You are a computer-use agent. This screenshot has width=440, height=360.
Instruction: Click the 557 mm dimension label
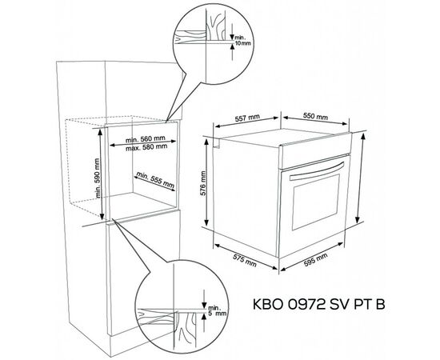[x=247, y=118]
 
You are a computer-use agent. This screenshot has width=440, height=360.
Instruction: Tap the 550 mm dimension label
[x=315, y=116]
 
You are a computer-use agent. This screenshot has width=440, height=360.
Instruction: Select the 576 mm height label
[x=203, y=183]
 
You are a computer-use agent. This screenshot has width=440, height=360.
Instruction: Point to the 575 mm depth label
[x=245, y=260]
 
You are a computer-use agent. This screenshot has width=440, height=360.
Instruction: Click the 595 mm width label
[x=315, y=259]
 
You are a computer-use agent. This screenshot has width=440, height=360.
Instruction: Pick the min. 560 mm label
[x=145, y=139]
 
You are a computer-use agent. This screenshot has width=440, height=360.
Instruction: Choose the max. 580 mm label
[x=146, y=147]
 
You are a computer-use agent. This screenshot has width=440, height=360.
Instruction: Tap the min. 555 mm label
[x=155, y=180]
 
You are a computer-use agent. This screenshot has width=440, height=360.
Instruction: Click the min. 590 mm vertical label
[x=97, y=178]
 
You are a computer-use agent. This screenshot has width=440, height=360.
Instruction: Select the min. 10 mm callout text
[x=242, y=41]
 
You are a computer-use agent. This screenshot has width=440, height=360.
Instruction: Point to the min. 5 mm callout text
[x=216, y=311]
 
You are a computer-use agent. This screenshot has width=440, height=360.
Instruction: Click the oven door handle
[x=317, y=172]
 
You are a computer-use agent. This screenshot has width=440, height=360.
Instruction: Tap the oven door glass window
[x=316, y=202]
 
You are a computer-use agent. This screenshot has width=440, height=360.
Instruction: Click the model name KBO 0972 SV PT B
[x=318, y=304]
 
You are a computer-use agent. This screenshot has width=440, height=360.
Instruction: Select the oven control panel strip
[x=315, y=150]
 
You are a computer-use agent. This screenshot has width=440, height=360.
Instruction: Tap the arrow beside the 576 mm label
[x=206, y=182]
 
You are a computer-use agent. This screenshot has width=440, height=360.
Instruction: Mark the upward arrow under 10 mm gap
[x=232, y=53]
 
